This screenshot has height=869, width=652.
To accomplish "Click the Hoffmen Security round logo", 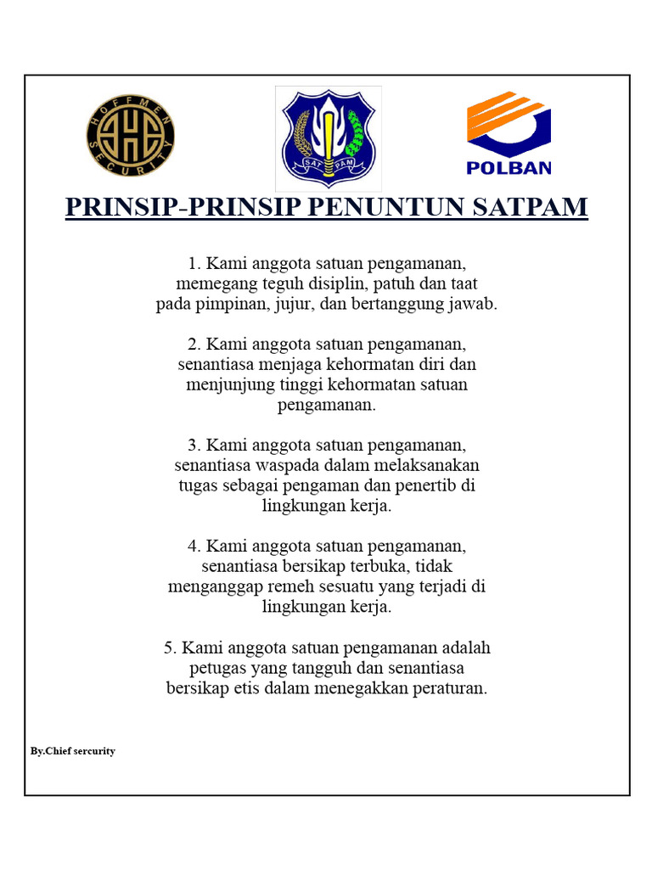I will pos(130,137).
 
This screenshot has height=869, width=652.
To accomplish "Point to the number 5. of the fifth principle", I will pos(170,648).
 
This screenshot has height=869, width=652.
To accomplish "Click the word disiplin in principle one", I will pos(335,283).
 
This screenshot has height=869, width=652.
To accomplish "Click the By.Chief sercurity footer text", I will pos(73,751).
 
